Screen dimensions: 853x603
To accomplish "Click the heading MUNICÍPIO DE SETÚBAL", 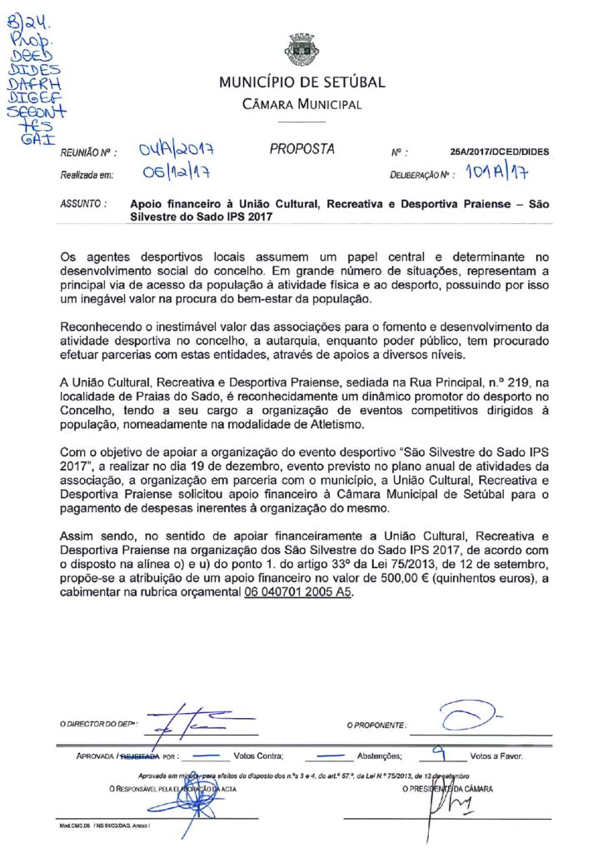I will click(301, 82).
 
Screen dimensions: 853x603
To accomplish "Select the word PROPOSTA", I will click(301, 150).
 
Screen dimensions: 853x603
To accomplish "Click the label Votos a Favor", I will click(496, 756).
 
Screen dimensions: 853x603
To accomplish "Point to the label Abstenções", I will click(381, 756).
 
